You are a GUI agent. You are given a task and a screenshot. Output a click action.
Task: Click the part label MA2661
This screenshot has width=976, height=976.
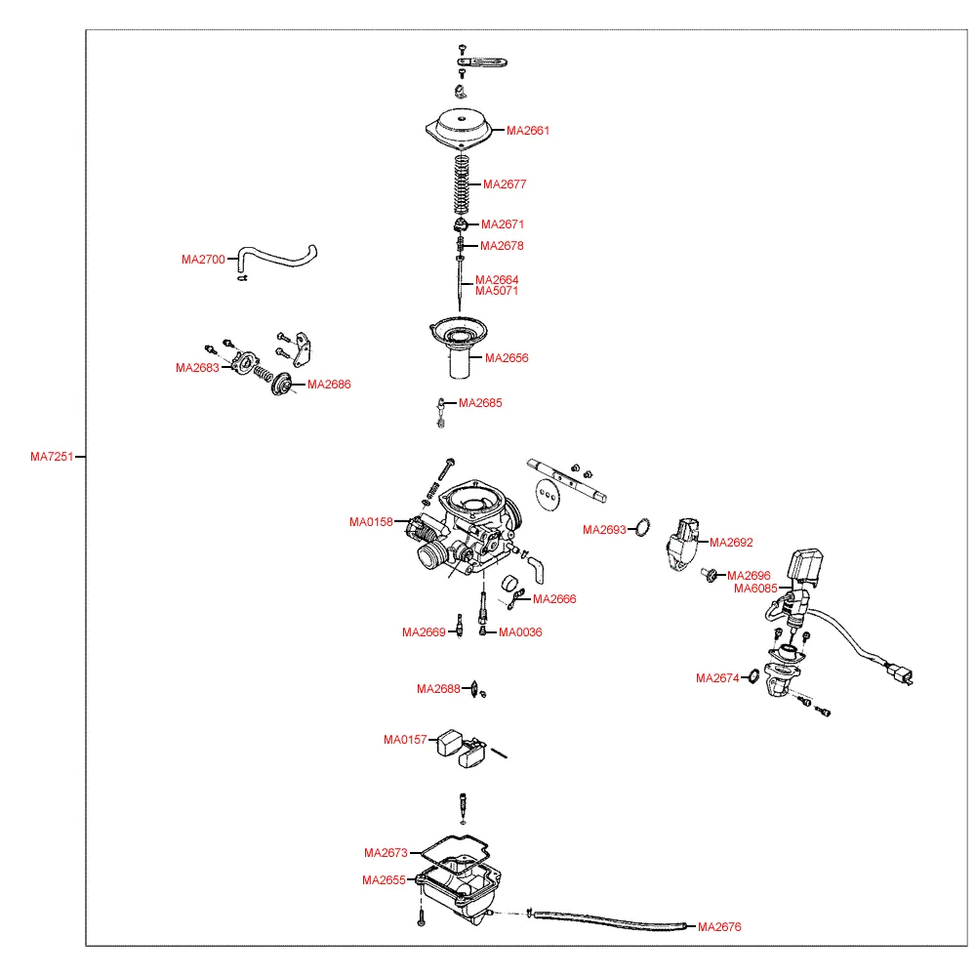(x=528, y=131)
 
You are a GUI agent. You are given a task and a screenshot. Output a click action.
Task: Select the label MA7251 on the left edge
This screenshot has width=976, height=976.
(x=52, y=457)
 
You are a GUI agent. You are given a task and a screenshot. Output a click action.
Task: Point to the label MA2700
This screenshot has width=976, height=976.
(x=203, y=261)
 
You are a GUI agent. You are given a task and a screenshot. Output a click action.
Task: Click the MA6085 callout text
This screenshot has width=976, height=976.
(x=755, y=589)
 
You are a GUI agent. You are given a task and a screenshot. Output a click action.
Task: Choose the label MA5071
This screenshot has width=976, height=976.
(x=497, y=291)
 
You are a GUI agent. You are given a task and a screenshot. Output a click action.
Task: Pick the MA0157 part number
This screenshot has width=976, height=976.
(x=405, y=741)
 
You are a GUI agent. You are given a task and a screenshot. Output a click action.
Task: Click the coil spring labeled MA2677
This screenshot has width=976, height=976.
(x=463, y=185)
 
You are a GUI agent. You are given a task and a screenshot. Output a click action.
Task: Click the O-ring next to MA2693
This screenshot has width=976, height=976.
(x=642, y=528)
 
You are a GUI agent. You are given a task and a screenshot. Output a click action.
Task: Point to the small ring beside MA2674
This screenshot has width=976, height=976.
(x=753, y=677)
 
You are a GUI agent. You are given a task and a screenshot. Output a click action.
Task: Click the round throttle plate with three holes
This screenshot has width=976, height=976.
(x=550, y=494)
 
